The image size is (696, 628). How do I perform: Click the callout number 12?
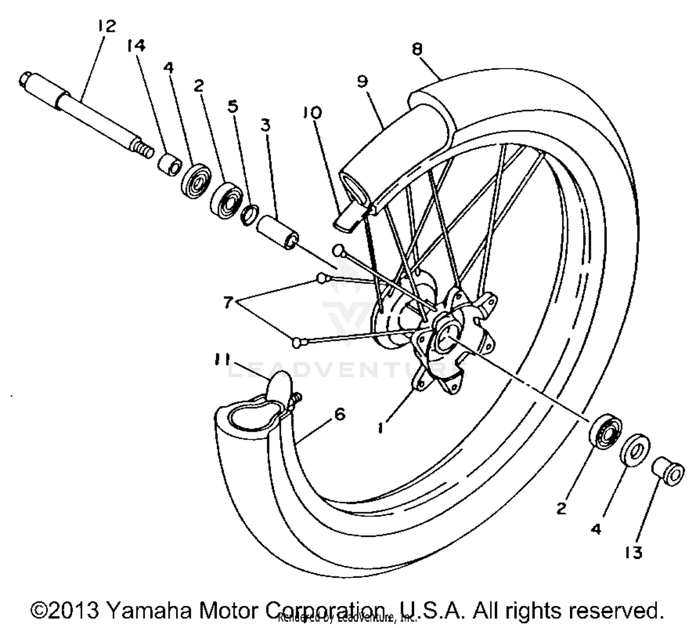[106, 26]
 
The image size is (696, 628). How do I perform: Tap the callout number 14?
[136, 46]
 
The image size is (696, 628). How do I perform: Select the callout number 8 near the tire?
[417, 49]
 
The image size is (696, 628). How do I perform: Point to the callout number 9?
[362, 81]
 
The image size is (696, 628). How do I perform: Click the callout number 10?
[313, 112]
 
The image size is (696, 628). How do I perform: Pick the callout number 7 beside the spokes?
[227, 303]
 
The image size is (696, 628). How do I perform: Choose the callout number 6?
[340, 414]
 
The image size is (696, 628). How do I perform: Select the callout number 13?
[633, 552]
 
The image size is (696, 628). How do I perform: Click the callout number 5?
[233, 106]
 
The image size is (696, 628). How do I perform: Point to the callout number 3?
[265, 125]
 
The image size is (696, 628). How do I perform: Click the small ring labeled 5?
[250, 214]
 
